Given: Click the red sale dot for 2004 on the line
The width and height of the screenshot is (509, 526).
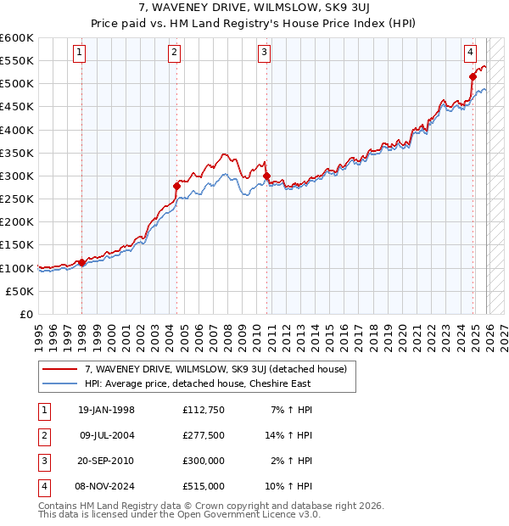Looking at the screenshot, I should tap(176, 186).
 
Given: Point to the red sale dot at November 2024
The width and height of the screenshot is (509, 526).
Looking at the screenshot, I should tap(473, 76).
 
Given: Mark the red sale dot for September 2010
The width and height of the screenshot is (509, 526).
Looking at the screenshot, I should tap(266, 176).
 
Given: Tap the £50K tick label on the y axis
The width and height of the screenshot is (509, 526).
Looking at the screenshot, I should tap(20, 291).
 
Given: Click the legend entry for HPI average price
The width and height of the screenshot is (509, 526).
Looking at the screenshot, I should tap(198, 383).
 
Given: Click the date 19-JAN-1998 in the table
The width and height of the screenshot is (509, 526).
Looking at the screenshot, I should tap(106, 410).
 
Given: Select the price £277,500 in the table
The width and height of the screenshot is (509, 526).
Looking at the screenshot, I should tap(204, 435).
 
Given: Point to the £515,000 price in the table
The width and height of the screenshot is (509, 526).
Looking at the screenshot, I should tap(204, 486).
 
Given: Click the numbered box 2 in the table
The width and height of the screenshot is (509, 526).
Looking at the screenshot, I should tap(42, 435).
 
